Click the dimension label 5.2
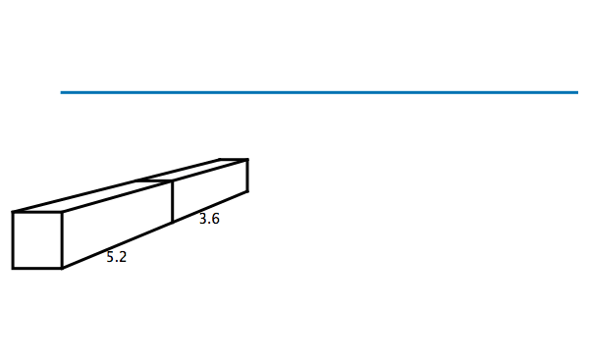pos(117,258)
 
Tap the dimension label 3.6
pos(209,220)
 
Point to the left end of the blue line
pos(62,92)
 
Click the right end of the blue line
pos(577,92)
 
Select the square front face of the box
pos(37,239)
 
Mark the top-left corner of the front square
pos(13,212)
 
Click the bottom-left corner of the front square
pos(13,268)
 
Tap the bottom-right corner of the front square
pos(63,268)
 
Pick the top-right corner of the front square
pos(63,212)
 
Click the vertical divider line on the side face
pos(173,202)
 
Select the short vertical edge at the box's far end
pos(247,175)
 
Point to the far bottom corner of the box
pos(247,191)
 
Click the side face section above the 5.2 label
pos(118,221)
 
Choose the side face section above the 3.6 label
pos(210,190)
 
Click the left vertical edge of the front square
pos(13,239)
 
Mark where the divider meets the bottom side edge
pos(173,223)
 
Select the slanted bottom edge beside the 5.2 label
pos(118,245)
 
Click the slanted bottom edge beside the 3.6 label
pos(210,207)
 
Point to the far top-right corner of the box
pos(247,159)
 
